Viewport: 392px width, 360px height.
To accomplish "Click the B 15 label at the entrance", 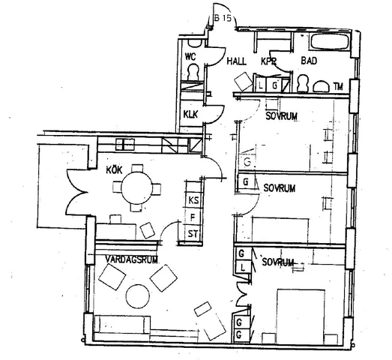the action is tap(223, 18).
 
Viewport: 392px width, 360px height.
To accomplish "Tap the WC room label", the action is tap(190, 57).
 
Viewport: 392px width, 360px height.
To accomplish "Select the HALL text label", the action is tap(236, 61).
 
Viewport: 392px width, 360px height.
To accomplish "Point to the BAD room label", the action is tap(309, 61).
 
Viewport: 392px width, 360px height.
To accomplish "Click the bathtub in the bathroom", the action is tap(330, 41).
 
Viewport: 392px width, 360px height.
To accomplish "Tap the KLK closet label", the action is tap(190, 114).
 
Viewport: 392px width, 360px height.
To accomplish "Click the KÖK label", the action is tap(114, 169).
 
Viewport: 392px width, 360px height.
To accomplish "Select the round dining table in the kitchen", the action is tap(136, 188).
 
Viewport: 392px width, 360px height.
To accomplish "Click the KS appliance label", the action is tap(193, 200).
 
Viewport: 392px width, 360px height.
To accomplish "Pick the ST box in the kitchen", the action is tap(193, 234).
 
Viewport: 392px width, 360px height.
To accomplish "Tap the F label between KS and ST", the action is tap(193, 217).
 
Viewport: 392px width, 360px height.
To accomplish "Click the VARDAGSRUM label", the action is tap(131, 259).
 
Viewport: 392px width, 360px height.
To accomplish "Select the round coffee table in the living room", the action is tap(137, 296).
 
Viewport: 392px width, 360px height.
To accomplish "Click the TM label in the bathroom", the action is tap(338, 87).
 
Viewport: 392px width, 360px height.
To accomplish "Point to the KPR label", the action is tap(268, 61).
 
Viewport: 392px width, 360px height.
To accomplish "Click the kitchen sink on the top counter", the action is tap(125, 144).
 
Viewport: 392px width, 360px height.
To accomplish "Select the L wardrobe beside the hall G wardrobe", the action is tap(261, 86).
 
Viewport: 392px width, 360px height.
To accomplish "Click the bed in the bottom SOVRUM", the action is tap(301, 317).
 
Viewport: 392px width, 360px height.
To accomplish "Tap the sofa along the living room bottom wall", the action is tap(122, 325).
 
